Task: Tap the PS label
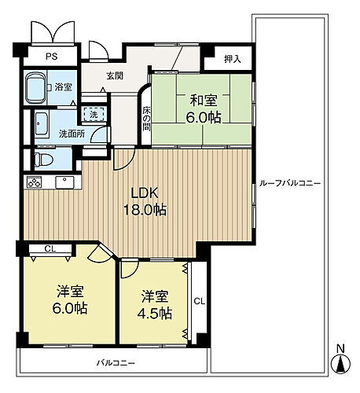(52, 57)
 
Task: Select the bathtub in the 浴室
(36, 87)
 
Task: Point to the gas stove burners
(35, 182)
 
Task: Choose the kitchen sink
(64, 182)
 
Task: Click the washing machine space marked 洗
(94, 114)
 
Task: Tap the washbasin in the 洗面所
(42, 125)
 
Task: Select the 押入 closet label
(232, 60)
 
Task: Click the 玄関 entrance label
(115, 76)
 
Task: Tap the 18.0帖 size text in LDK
(145, 210)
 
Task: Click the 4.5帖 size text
(155, 313)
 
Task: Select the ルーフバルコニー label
(290, 184)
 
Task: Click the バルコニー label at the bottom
(116, 363)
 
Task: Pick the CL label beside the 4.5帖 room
(200, 302)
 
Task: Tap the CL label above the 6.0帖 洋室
(50, 248)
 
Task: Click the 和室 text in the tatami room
(204, 101)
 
